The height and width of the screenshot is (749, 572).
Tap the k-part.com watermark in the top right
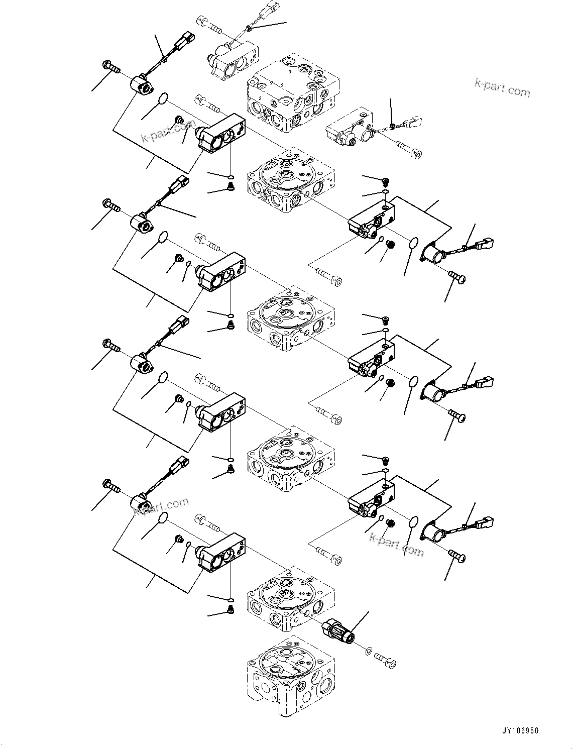pyautogui.click(x=502, y=88)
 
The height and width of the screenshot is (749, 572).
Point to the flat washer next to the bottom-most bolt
pyautogui.click(x=370, y=652)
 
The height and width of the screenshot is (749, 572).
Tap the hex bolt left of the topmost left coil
pyautogui.click(x=110, y=66)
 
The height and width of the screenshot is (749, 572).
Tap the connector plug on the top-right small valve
pyautogui.click(x=414, y=122)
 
